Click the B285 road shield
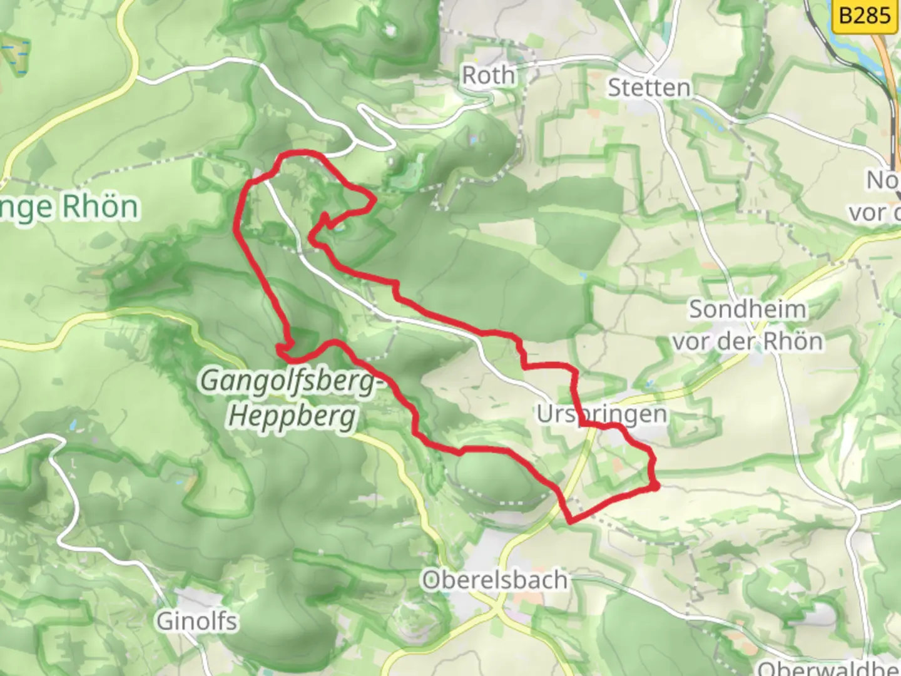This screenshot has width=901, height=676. pyautogui.click(x=864, y=14)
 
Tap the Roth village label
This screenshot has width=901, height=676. pyautogui.click(x=488, y=76)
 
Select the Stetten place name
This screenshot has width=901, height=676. pyautogui.click(x=649, y=88)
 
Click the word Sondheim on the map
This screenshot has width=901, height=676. pyautogui.click(x=747, y=309)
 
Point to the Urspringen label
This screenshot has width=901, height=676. pyautogui.click(x=601, y=414)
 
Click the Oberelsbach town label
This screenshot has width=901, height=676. pyautogui.click(x=494, y=580)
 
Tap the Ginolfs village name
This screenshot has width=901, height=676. pyautogui.click(x=196, y=622)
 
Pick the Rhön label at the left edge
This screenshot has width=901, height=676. pyautogui.click(x=69, y=207)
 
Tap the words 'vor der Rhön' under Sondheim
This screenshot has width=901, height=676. pyautogui.click(x=747, y=342)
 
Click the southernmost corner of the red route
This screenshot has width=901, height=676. pyautogui.click(x=570, y=520)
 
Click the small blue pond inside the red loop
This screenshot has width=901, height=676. pyautogui.click(x=339, y=228)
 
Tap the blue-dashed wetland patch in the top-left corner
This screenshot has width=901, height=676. pyautogui.click(x=15, y=54)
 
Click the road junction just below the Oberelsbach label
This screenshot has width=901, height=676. pyautogui.click(x=497, y=607)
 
